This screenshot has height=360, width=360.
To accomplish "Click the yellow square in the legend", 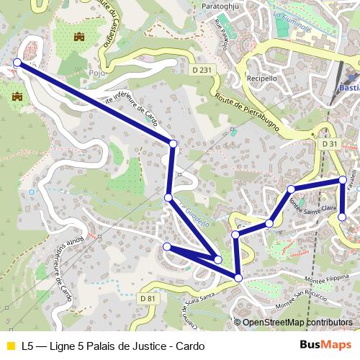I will [10, 346].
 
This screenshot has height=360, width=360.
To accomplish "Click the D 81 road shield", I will [148, 298].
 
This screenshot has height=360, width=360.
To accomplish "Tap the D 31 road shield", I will [330, 144].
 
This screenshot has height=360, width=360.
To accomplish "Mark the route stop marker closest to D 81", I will [167, 247].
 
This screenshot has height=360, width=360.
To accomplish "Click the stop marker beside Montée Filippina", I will [238, 277].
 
